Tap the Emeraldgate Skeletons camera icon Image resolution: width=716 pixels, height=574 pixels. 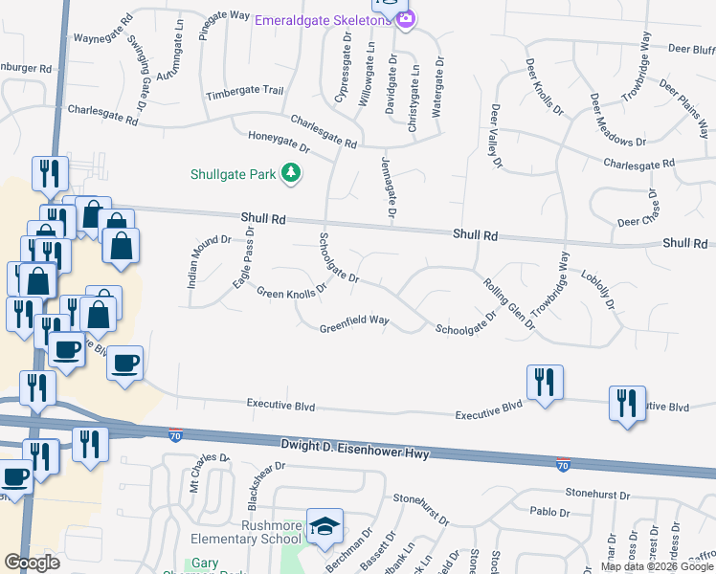coord(406,19)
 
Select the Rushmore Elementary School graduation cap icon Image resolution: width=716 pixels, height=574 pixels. coord(324,526)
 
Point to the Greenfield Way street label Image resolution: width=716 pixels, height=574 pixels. coord(354,320)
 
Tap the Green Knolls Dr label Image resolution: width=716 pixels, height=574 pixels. coord(292,285)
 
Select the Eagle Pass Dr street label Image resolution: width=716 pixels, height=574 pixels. coord(244,258)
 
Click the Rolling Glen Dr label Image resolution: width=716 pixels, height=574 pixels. coord(508,300)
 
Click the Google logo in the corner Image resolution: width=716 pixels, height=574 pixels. coord(33,563)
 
